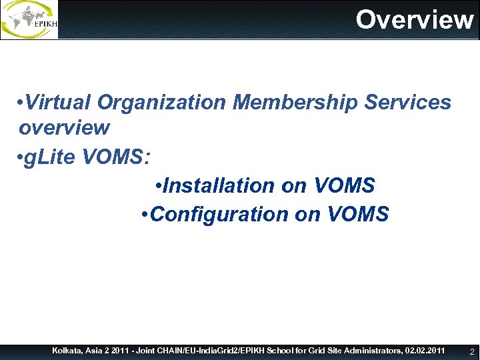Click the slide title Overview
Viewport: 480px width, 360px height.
click(x=414, y=19)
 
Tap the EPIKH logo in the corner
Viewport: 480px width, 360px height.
click(x=29, y=19)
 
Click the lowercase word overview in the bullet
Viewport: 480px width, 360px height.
click(x=64, y=127)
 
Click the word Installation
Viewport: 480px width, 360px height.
click(x=218, y=185)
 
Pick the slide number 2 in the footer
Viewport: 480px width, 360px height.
click(x=471, y=351)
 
